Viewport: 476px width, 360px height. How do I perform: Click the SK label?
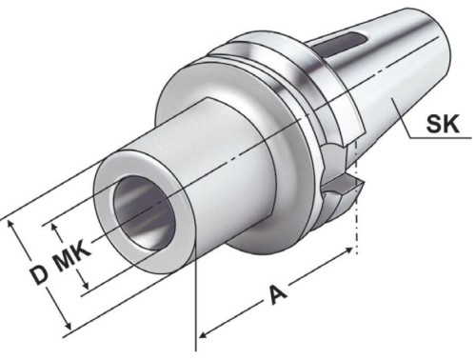point(443,124)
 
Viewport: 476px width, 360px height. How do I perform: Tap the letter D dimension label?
point(39,275)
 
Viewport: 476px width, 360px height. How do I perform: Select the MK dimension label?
point(71,255)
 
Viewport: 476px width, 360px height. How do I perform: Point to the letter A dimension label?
point(275,294)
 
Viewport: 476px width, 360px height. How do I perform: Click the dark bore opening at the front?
point(144,212)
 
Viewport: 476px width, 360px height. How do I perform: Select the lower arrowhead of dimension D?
point(67,324)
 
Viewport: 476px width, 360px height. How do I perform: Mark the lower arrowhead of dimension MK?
point(85,284)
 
